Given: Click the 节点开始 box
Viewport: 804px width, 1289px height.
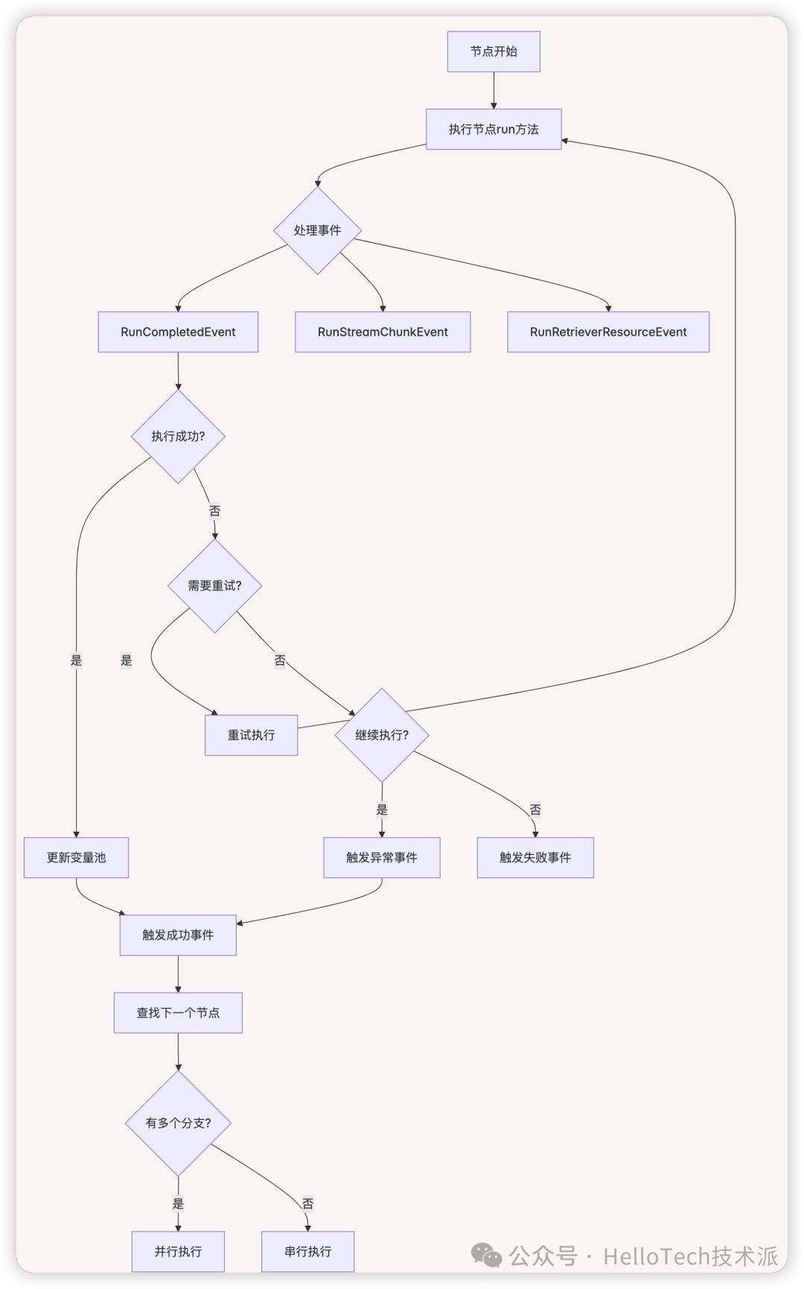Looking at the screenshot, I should [x=494, y=51].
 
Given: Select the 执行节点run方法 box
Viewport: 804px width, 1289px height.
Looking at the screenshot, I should [x=494, y=129].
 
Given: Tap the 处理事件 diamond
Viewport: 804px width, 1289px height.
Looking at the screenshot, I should [x=318, y=230].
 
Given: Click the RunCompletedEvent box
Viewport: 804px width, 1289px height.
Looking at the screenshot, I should [x=178, y=332].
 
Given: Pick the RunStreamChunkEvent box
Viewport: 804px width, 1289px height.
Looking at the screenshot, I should [x=383, y=332].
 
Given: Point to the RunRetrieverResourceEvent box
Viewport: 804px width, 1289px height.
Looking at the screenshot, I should [x=608, y=332].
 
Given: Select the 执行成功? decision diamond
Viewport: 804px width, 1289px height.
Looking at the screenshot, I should [x=178, y=436].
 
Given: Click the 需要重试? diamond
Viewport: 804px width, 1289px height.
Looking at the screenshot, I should [x=215, y=586].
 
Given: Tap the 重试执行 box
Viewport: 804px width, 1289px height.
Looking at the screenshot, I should [x=252, y=735].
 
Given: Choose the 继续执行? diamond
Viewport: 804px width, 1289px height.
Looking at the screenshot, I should [x=382, y=735].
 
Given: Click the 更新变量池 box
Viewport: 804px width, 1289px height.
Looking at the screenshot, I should [x=76, y=858].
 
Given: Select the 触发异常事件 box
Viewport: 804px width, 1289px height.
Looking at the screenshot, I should [x=382, y=858].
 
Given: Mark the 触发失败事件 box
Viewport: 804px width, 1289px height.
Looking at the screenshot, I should [x=535, y=858].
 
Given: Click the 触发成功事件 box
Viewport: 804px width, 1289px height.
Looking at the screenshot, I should [x=178, y=935].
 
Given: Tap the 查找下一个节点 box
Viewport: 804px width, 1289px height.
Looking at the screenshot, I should [x=178, y=1013].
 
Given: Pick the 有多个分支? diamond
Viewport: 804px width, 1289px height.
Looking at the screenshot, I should [x=178, y=1123].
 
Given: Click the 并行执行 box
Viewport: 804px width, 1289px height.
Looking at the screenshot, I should [x=178, y=1252].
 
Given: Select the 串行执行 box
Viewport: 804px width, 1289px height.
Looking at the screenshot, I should [x=307, y=1252].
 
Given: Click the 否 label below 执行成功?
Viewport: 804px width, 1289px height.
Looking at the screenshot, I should [x=214, y=511].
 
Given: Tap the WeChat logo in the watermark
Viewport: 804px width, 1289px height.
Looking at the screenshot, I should [x=487, y=1255].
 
